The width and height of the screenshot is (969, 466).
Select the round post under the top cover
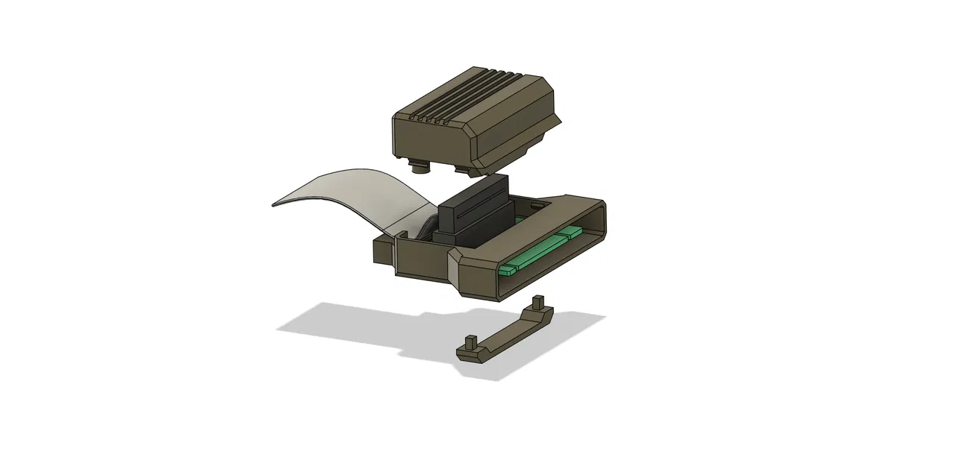[420, 169]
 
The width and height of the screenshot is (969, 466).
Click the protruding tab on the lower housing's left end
[382, 252]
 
